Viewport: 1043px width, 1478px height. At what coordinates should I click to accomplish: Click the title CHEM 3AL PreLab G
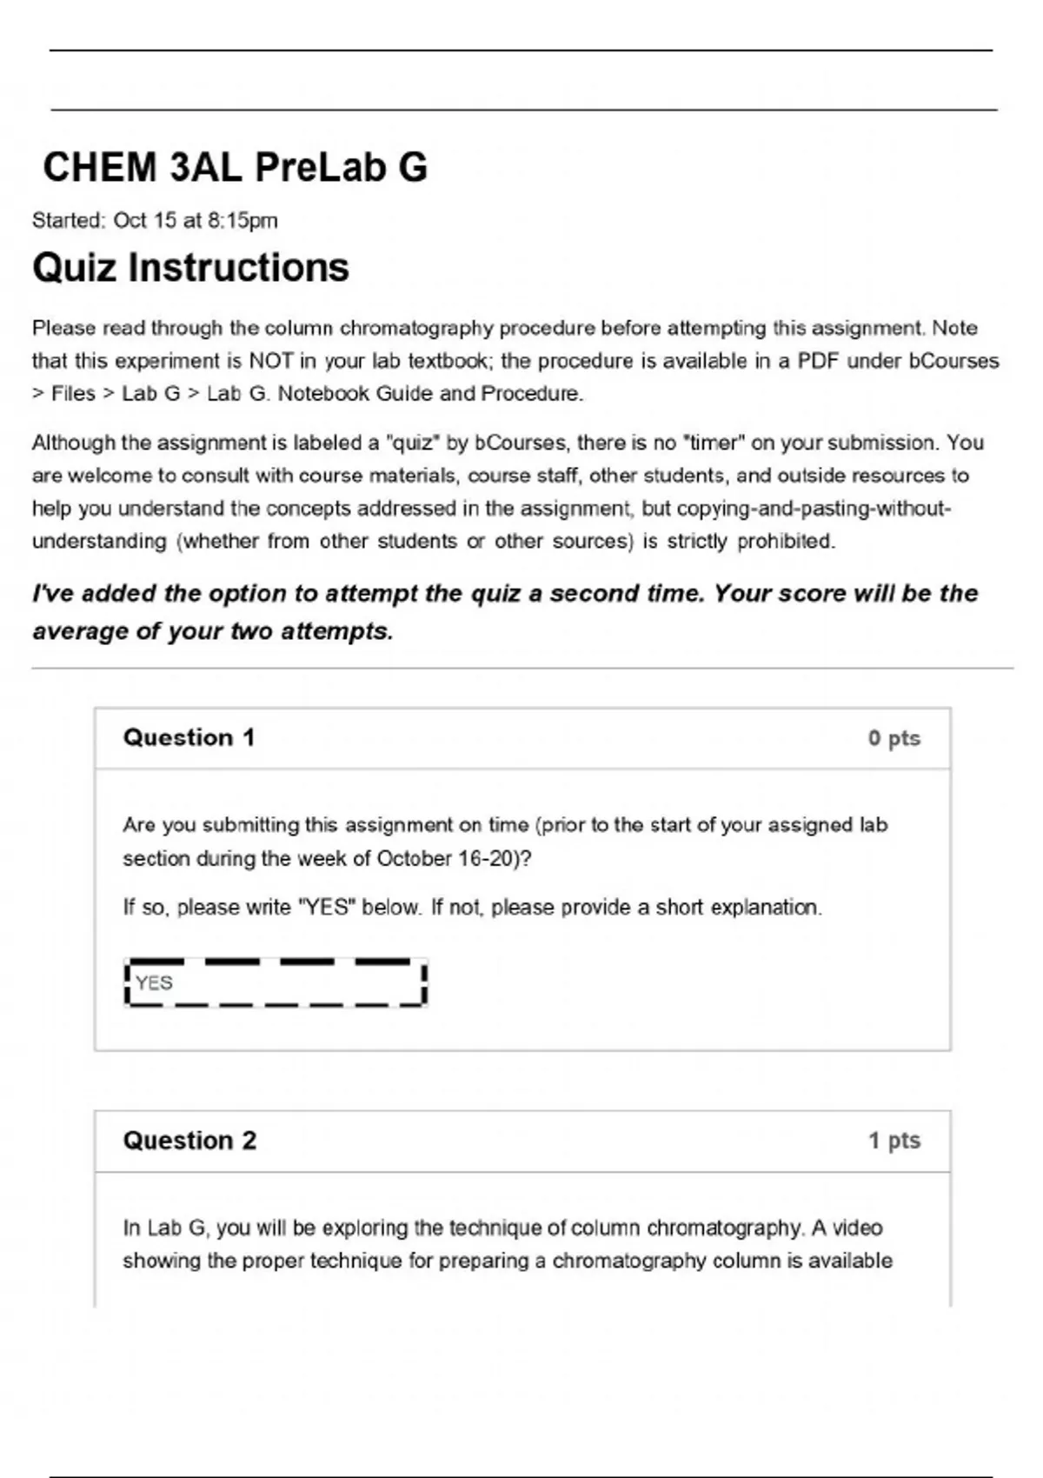tap(235, 167)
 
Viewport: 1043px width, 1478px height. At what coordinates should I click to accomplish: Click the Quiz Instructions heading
tap(190, 268)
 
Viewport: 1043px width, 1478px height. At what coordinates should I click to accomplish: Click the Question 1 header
tap(189, 738)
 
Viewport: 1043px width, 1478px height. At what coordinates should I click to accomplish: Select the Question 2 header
tap(189, 1141)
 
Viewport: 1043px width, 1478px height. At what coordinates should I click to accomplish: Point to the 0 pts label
tap(894, 739)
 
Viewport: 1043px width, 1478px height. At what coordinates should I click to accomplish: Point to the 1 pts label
tap(894, 1141)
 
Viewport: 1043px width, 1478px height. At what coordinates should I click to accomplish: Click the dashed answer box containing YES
tap(276, 983)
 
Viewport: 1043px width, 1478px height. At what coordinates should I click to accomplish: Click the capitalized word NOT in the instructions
tap(271, 361)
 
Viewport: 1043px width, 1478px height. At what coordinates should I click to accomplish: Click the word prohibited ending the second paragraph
tap(786, 542)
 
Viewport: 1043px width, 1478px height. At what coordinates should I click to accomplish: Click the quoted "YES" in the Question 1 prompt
tap(327, 908)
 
